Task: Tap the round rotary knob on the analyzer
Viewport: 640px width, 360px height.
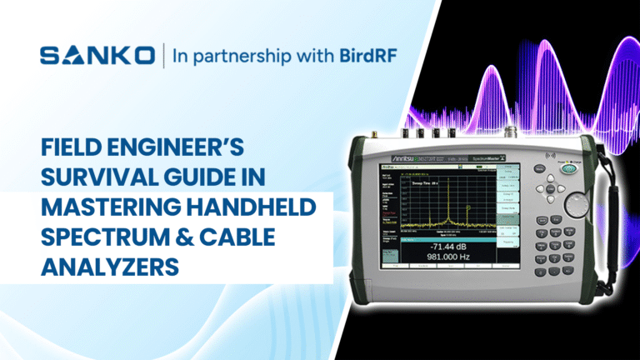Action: click(574, 204)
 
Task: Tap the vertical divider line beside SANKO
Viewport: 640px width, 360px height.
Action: click(162, 56)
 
